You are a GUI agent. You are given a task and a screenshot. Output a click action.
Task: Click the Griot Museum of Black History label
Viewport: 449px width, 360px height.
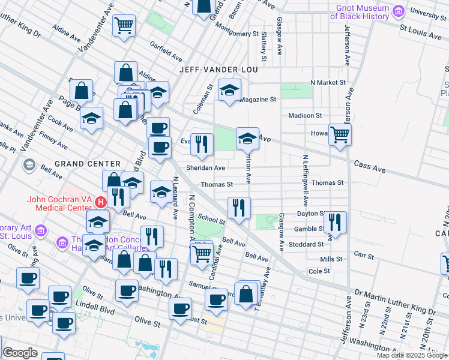[x=359, y=12]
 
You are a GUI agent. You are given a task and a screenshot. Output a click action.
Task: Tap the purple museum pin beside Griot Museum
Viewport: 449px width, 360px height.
[x=398, y=11]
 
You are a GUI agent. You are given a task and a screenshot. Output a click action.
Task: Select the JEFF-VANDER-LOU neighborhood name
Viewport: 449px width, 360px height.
[x=218, y=70]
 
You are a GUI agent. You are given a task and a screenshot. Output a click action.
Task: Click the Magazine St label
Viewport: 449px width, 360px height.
[x=257, y=99]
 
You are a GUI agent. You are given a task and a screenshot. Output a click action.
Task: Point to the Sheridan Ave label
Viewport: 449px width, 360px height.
[x=205, y=169]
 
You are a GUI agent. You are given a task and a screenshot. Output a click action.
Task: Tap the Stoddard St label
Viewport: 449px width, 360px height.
[x=308, y=244]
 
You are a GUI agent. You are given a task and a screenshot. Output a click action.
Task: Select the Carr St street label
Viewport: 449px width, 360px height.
[x=364, y=256]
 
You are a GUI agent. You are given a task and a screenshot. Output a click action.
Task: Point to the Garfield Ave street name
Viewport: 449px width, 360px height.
[x=166, y=52]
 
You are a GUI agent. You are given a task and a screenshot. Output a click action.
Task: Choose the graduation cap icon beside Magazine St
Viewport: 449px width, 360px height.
[x=229, y=91]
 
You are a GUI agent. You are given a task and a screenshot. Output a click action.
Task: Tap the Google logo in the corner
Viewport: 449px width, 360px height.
[x=20, y=353]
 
